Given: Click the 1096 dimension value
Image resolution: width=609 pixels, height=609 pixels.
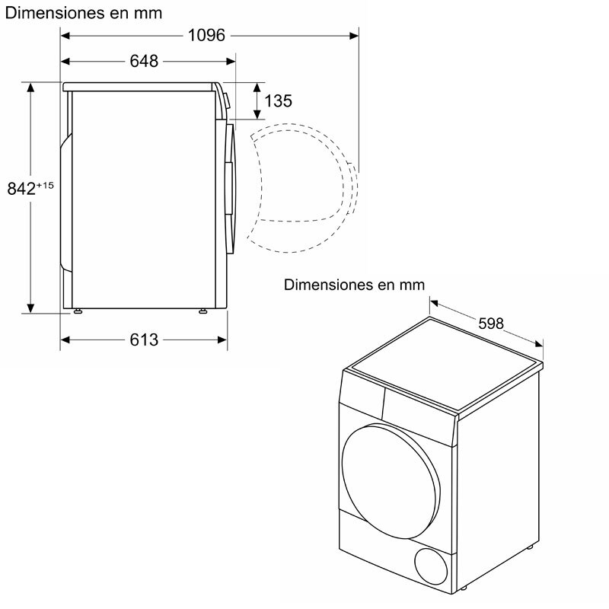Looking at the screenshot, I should pos(207,35).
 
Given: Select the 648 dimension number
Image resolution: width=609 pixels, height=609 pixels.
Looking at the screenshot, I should pos(144,62).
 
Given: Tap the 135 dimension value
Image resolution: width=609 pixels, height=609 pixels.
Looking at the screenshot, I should pos(278,100).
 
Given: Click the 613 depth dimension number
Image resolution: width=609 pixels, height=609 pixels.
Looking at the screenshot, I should pos(144,340).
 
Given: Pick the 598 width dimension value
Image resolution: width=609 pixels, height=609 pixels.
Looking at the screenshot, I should pos(491,324).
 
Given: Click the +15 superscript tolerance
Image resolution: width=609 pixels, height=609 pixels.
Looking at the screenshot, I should pos(45,185).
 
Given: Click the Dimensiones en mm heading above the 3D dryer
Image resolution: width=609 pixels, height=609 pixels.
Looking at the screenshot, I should pos(354,285).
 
